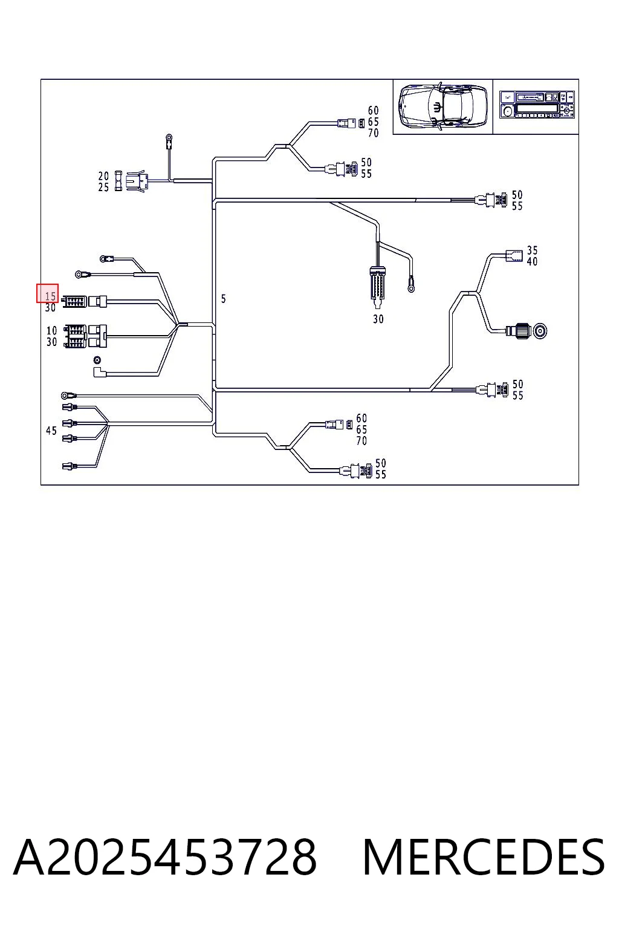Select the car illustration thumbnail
tap(442, 106)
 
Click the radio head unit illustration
tap(537, 105)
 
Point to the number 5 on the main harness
tap(224, 299)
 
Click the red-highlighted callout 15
tap(51, 296)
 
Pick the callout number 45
tap(51, 431)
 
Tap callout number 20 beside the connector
tap(103, 176)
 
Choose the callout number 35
tap(533, 250)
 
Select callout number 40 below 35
tap(533, 261)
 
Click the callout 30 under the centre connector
tap(378, 319)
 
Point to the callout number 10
tap(51, 331)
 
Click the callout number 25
tap(103, 187)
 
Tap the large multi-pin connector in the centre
tap(377, 286)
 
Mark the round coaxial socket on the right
tap(540, 331)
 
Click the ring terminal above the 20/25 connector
tap(169, 138)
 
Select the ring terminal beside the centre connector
tap(411, 287)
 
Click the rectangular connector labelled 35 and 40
tap(514, 255)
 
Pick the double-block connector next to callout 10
tap(85, 336)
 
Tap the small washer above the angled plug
tap(98, 359)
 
